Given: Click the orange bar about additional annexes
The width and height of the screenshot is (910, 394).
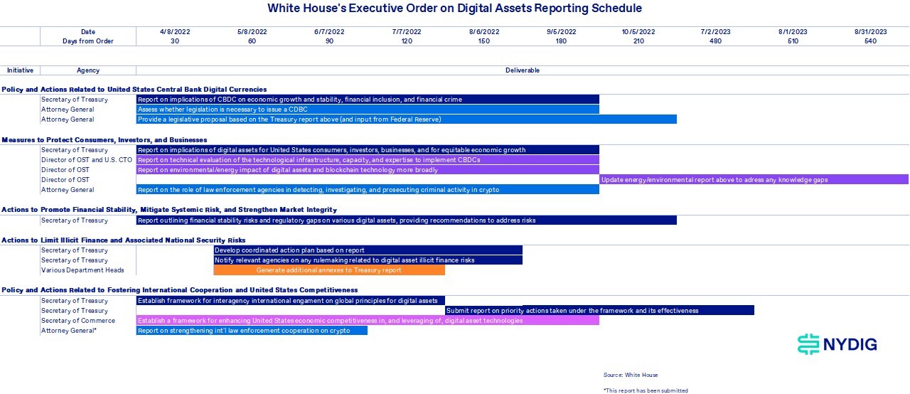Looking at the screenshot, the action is point(329,270).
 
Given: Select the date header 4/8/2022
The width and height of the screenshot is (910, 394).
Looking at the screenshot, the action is point(175,32).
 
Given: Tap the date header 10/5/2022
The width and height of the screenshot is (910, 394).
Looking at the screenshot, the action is point(638,32).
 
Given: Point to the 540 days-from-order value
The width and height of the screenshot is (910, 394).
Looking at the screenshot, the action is point(870,41).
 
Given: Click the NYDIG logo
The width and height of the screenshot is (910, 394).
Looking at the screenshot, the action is point(837,344).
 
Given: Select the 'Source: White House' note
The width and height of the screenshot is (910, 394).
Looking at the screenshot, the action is point(631,375).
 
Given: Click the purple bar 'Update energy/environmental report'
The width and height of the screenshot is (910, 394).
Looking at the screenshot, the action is point(754,179).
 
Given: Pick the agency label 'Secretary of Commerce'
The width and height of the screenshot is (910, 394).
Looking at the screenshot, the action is point(78,321).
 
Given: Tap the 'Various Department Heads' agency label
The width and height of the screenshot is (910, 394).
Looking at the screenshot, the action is point(82,270).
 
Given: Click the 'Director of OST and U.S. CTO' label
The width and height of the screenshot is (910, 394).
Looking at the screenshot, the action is point(87,159).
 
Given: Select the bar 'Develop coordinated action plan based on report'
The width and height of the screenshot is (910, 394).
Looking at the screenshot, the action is point(368,250).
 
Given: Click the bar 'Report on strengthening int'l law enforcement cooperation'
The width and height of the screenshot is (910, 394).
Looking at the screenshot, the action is point(252,331).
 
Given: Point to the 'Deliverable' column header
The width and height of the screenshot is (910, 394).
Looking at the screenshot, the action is point(523,70).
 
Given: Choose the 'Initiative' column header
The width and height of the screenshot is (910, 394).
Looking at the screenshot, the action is point(21,70).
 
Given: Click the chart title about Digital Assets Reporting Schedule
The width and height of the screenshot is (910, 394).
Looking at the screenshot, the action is point(454,8).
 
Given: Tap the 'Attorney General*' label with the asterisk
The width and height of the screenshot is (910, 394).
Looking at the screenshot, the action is point(69,331).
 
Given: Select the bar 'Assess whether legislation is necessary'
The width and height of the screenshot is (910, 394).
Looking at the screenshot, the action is point(368,110).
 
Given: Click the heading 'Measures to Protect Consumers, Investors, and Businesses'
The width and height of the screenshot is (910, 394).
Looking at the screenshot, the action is point(105,139).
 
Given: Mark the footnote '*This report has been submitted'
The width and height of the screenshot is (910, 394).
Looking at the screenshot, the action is point(646,390).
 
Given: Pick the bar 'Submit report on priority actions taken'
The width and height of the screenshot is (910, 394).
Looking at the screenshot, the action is point(599,310).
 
